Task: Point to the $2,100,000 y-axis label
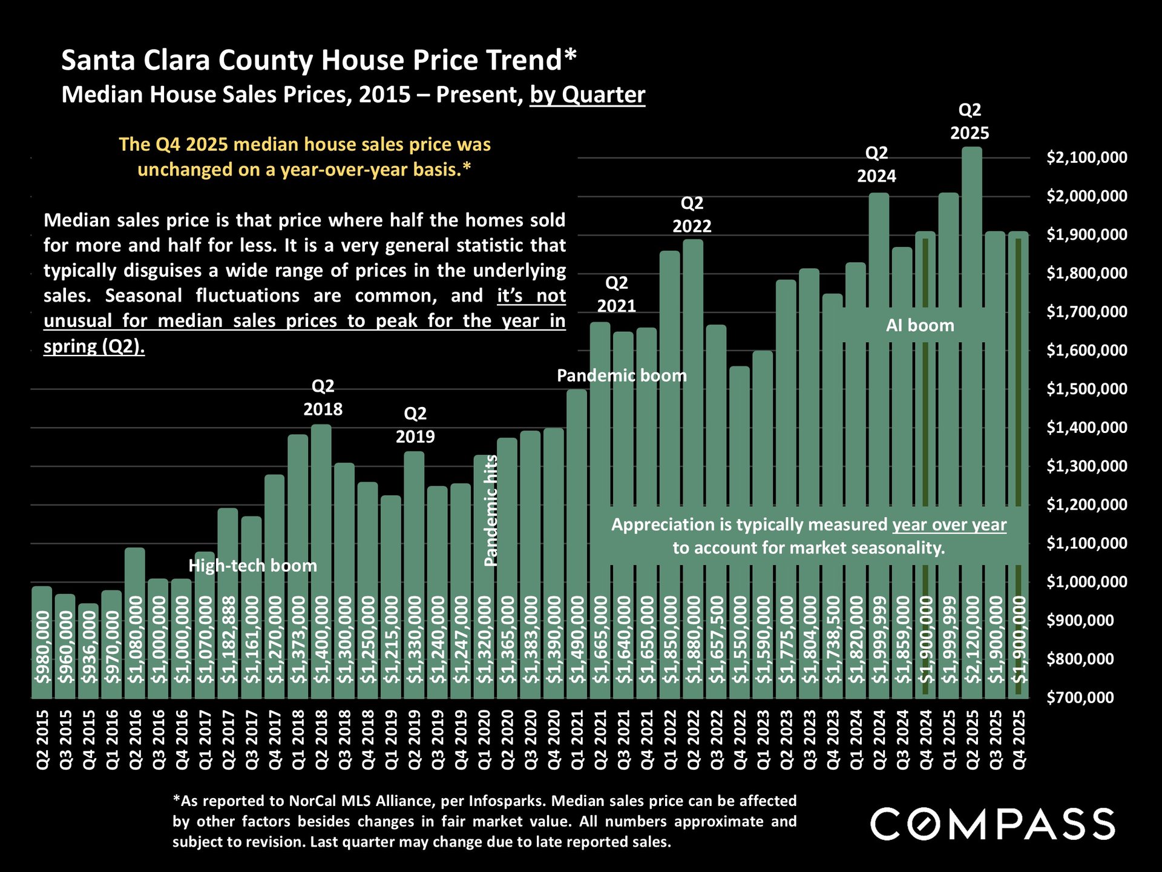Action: pyautogui.click(x=1086, y=157)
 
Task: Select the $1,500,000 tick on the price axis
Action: pyautogui.click(x=1086, y=389)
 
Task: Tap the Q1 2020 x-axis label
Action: pyautogui.click(x=484, y=739)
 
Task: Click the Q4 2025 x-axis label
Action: pyautogui.click(x=1019, y=739)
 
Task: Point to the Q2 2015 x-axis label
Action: pyautogui.click(x=42, y=739)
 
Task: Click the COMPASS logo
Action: pyautogui.click(x=993, y=824)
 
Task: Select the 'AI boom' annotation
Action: pyautogui.click(x=920, y=326)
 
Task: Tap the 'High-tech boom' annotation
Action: pyautogui.click(x=252, y=566)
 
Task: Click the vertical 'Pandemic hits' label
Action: pyautogui.click(x=491, y=510)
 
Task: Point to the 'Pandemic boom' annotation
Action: pyautogui.click(x=622, y=375)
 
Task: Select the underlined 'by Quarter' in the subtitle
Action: pyautogui.click(x=587, y=95)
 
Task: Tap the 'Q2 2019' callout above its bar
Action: pyautogui.click(x=415, y=424)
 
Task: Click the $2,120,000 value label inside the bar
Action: pyautogui.click(x=972, y=639)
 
